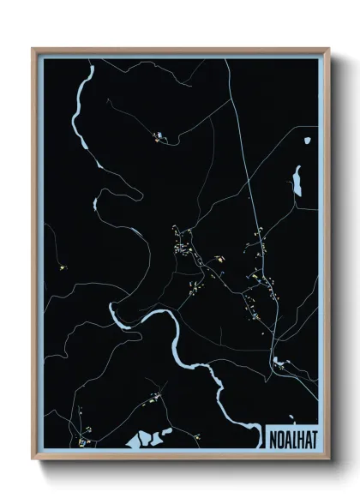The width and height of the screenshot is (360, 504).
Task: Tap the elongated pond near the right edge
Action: point(297,180)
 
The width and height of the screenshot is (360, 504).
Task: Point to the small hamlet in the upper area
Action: point(159,135)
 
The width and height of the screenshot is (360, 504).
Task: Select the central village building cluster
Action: point(184,249)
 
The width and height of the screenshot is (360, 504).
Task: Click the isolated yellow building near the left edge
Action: point(63,267)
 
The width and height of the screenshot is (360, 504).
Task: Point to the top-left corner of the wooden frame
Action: point(33,50)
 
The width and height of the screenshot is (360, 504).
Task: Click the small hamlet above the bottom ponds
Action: point(154,398)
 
